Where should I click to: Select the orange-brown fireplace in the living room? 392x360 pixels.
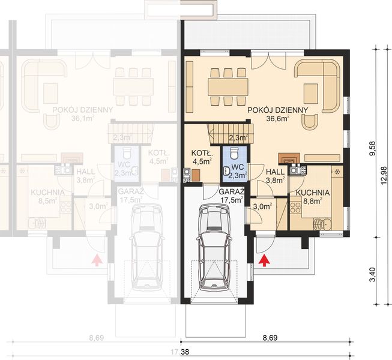[x=287, y=159]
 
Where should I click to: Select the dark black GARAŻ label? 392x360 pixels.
[x=214, y=191]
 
